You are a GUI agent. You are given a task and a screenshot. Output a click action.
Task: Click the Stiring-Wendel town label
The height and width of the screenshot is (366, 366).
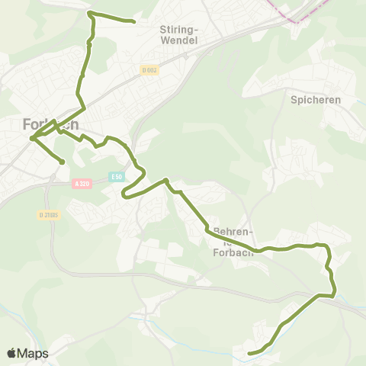(179, 34)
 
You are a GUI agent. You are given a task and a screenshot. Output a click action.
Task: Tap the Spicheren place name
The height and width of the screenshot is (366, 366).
(315, 100)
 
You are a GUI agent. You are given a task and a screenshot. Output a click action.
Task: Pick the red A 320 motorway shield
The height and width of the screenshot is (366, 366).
(82, 184)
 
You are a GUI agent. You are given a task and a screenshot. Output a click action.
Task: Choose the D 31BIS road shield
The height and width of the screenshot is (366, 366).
(49, 215)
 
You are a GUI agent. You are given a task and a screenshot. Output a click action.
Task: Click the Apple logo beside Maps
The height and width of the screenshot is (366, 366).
(11, 353)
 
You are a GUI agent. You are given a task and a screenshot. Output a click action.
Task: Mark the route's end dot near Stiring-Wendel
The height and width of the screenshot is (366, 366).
(134, 21)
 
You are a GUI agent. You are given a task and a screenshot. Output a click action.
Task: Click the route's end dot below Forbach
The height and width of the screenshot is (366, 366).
(62, 162)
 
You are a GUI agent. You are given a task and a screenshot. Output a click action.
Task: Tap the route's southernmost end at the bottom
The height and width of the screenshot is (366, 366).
(250, 353)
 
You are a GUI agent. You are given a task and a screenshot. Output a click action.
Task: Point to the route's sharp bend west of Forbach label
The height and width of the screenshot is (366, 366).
(31, 138)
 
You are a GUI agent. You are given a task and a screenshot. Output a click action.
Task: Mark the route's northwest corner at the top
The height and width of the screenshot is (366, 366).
(89, 13)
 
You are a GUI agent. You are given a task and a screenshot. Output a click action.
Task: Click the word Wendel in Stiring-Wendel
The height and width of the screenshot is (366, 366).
(180, 40)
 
